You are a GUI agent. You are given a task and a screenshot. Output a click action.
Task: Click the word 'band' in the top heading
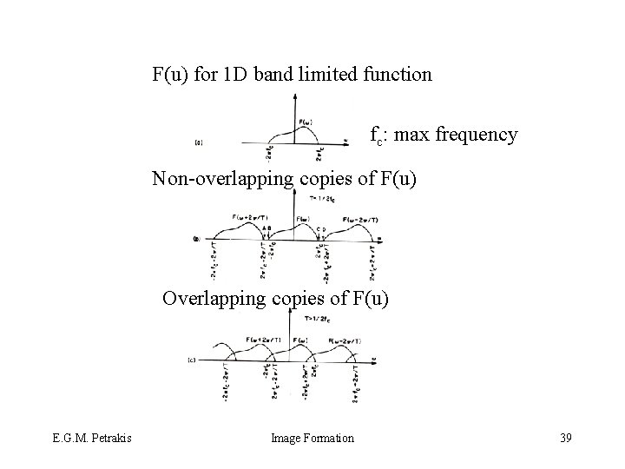click(x=271, y=75)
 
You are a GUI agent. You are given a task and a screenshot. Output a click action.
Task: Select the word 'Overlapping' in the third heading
click(x=209, y=300)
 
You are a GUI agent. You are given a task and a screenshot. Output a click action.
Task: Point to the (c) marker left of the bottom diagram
click(x=192, y=358)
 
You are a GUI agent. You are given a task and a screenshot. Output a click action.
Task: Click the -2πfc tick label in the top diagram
click(x=267, y=154)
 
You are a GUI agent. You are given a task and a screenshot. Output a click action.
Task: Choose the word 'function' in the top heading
click(x=398, y=75)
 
